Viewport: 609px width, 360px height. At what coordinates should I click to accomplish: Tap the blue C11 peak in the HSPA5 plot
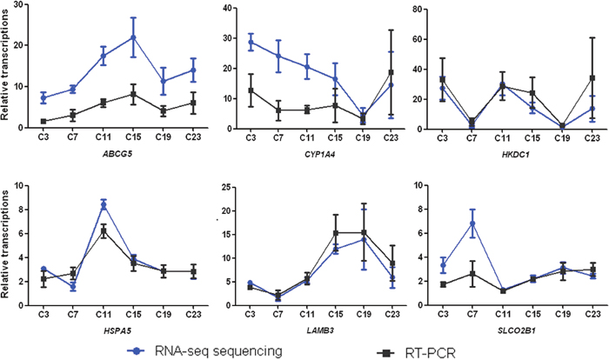[105, 204]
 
